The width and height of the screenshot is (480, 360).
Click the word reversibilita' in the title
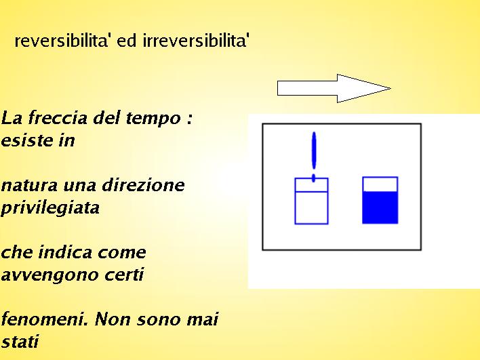pos(61,41)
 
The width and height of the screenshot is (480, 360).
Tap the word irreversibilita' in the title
pos(196,41)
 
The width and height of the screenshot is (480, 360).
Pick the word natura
pos(29,186)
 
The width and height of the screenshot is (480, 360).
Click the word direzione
pos(143,185)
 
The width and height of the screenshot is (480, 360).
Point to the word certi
pos(124,275)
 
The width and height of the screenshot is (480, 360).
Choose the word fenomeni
pos(45,319)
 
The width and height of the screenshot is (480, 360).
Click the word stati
pos(20,342)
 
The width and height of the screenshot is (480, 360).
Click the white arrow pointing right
pos(334,88)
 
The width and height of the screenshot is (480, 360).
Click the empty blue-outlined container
pos(311,201)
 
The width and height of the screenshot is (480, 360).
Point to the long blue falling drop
pos(314,151)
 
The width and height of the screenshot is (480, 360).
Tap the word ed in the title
pos(126,41)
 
